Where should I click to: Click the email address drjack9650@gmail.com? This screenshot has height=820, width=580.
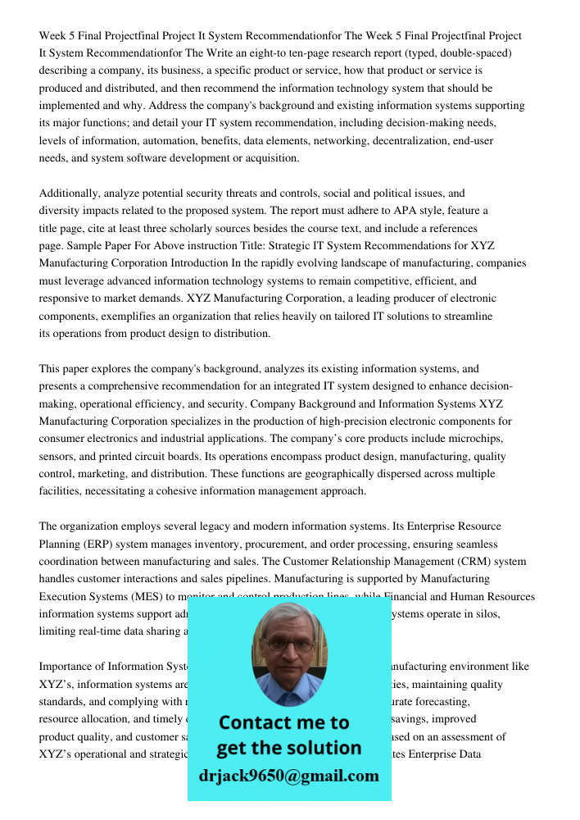(288, 776)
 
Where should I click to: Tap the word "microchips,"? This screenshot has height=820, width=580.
(476, 439)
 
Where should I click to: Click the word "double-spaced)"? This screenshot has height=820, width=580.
(474, 53)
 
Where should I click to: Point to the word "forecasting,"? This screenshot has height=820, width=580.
(446, 702)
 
